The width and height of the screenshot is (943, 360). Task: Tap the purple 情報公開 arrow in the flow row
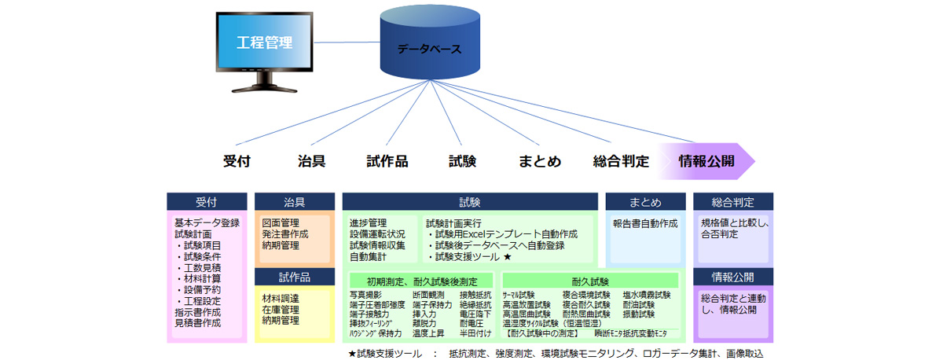pyautogui.click(x=706, y=162)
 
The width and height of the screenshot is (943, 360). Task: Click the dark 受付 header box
pyautogui.click(x=206, y=201)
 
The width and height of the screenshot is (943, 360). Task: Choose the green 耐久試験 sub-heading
pyautogui.click(x=590, y=281)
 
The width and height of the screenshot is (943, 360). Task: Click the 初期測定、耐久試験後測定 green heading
pyautogui.click(x=421, y=281)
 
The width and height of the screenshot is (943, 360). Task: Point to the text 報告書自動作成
pyautogui.click(x=645, y=223)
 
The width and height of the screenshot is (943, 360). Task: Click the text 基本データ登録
pyautogui.click(x=207, y=223)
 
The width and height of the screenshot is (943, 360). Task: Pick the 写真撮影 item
pyautogui.click(x=365, y=295)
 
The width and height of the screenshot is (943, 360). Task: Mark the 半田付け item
pyautogui.click(x=475, y=332)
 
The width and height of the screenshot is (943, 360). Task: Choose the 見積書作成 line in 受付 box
pyautogui.click(x=197, y=322)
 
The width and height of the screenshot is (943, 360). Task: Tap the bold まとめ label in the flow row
pyautogui.click(x=540, y=162)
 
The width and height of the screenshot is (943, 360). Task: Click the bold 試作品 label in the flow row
pyautogui.click(x=387, y=162)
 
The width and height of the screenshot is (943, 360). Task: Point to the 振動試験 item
pyautogui.click(x=638, y=314)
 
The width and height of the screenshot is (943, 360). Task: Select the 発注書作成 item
pyautogui.click(x=285, y=234)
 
